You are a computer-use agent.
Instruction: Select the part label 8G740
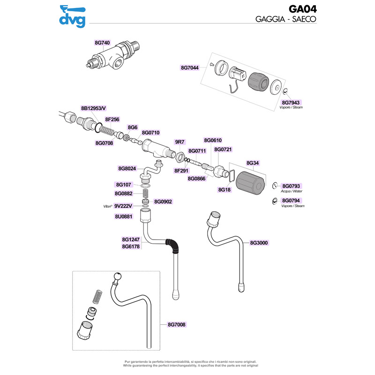pyautogui.click(x=102, y=43)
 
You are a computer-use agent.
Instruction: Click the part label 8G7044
pyautogui.click(x=190, y=67)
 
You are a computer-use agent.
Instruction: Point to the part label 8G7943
pyautogui.click(x=291, y=102)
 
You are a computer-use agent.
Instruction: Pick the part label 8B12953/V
pyautogui.click(x=94, y=108)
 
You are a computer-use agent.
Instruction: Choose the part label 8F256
pyautogui.click(x=112, y=120)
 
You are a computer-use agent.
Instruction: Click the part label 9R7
pyautogui.click(x=180, y=141)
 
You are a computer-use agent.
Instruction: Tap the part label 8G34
pyautogui.click(x=253, y=163)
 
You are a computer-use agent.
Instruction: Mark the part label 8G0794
pyautogui.click(x=291, y=201)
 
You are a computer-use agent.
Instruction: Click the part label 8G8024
pyautogui.click(x=127, y=168)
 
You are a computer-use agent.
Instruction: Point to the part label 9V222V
pyautogui.click(x=124, y=205)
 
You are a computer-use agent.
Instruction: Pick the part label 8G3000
pyautogui.click(x=259, y=243)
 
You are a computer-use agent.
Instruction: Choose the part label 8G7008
pyautogui.click(x=177, y=324)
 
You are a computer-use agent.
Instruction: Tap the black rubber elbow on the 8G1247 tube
pyautogui.click(x=174, y=245)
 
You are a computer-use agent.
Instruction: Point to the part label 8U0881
pyautogui.click(x=124, y=217)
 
